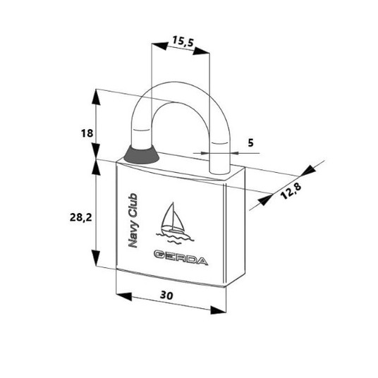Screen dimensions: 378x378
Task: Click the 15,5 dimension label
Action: click(x=183, y=42)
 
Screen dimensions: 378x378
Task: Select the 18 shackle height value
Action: click(x=87, y=133)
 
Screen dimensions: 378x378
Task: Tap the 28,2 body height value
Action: click(x=81, y=218)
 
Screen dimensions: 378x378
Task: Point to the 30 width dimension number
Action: click(x=166, y=295)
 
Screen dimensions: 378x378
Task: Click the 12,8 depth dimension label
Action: click(x=291, y=191)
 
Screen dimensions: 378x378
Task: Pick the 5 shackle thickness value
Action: click(x=251, y=143)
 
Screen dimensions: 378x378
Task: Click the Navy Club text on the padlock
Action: click(x=133, y=221)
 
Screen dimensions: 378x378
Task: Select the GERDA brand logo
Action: click(x=181, y=258)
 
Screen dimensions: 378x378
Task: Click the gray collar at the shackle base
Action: click(x=142, y=155)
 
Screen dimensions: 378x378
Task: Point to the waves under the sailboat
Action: click(x=176, y=238)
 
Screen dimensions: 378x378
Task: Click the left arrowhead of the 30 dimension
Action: click(x=124, y=296)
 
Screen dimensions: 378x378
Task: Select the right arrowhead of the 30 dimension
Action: click(x=218, y=310)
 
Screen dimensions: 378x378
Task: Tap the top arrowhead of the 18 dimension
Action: click(x=97, y=97)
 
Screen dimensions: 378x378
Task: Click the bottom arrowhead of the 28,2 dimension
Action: click(x=96, y=258)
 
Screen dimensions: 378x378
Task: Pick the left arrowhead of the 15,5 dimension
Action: click(x=159, y=46)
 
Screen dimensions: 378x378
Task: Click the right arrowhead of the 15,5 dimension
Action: click(x=201, y=51)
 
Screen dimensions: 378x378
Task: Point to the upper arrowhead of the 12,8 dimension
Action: click(x=308, y=171)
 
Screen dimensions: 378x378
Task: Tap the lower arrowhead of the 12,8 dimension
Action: click(x=265, y=200)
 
